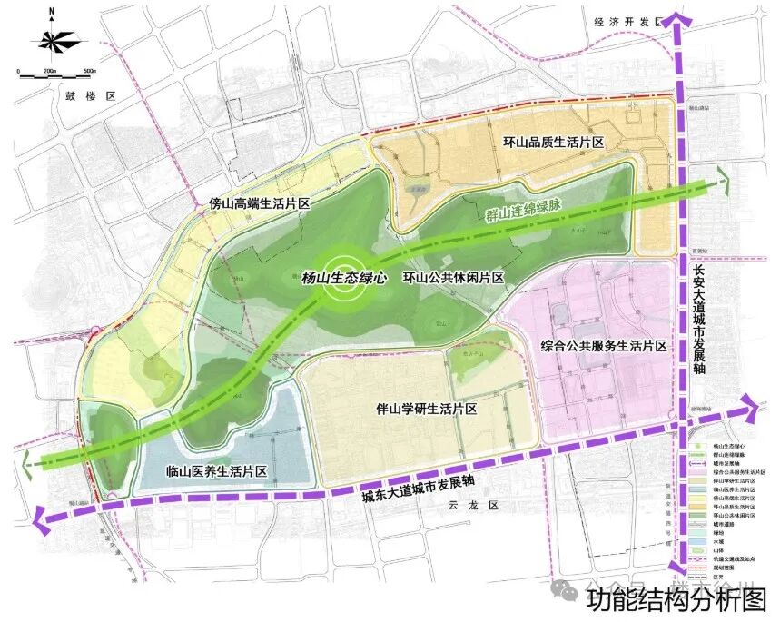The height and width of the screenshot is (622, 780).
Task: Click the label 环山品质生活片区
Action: click(553, 143)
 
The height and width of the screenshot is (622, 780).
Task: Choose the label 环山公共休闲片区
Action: click(453, 279)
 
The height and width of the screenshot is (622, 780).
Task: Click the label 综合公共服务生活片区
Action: click(603, 347)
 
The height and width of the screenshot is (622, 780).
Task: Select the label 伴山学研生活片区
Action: click(428, 410)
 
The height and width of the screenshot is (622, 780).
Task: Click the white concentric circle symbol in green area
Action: click(344, 280)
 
